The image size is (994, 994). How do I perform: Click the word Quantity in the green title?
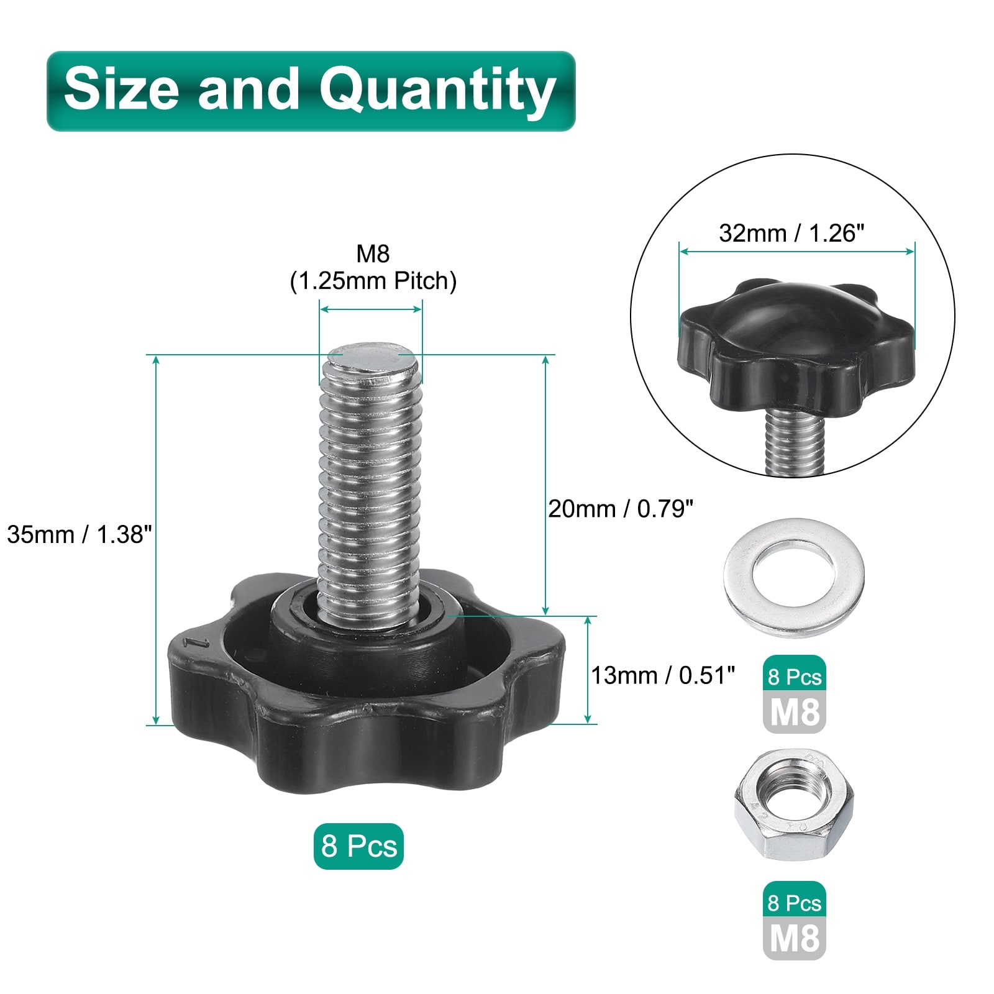tap(437, 91)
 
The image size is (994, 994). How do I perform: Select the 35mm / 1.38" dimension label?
tap(80, 534)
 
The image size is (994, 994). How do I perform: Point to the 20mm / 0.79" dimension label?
tap(620, 509)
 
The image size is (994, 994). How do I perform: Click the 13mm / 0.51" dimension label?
tap(663, 675)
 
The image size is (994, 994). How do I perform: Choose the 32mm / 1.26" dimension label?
tap(791, 233)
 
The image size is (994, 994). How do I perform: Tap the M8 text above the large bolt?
tap(373, 253)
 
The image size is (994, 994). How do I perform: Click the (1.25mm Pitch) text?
tap(373, 281)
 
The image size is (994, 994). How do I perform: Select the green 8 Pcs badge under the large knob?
tap(358, 846)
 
